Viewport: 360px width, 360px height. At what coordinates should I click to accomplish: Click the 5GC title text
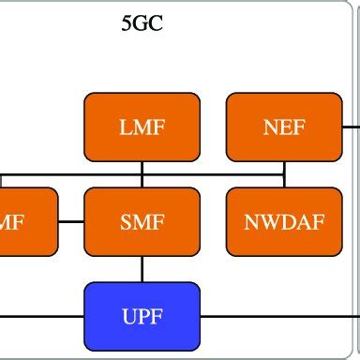[x=142, y=23]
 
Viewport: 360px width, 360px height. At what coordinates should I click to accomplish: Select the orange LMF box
[x=142, y=127]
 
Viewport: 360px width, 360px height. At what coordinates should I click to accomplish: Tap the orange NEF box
[x=284, y=127]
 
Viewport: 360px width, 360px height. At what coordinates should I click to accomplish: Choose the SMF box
[x=142, y=222]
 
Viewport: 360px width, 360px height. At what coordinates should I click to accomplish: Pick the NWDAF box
[x=284, y=222]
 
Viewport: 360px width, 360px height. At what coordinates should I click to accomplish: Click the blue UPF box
[x=142, y=316]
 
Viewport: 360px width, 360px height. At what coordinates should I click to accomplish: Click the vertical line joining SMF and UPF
[x=142, y=269]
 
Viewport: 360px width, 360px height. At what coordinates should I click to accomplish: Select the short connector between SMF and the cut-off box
[x=71, y=222]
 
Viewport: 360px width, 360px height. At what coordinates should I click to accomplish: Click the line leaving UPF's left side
[x=42, y=316]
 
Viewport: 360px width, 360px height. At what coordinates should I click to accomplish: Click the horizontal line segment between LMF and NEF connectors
[x=213, y=173]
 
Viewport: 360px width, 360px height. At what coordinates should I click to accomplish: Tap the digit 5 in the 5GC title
[x=127, y=23]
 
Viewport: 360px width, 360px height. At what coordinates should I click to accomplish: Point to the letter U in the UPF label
[x=128, y=316]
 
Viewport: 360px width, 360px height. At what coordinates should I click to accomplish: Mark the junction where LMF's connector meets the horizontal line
[x=142, y=173]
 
